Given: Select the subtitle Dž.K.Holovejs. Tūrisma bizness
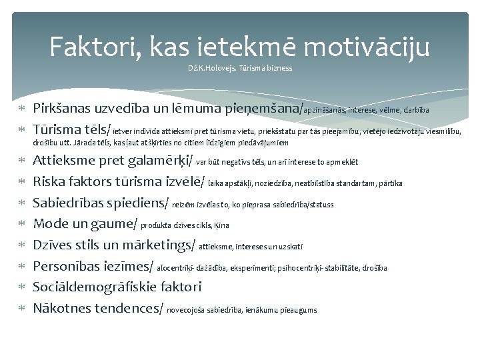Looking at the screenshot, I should [240, 68].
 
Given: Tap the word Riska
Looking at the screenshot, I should [51, 182].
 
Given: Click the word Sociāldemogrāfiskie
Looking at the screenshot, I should [117, 287].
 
